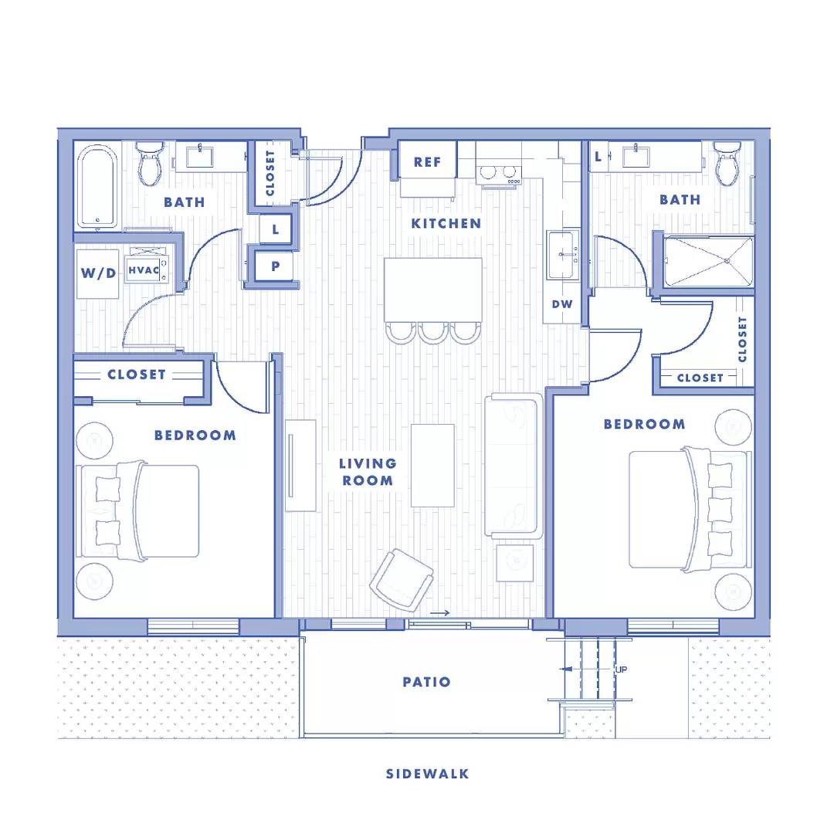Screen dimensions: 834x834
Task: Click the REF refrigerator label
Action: pyautogui.click(x=427, y=161)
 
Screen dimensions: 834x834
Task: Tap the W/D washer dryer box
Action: pyautogui.click(x=97, y=273)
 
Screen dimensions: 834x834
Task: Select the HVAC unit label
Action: pyautogui.click(x=144, y=270)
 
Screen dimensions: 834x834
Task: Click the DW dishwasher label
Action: pyautogui.click(x=562, y=303)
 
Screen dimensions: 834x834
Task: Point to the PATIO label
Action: pyautogui.click(x=426, y=682)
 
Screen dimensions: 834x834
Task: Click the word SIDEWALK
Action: pyautogui.click(x=427, y=773)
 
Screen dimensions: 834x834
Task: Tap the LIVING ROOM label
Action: pyautogui.click(x=368, y=471)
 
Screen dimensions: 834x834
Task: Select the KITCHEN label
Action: pyautogui.click(x=446, y=223)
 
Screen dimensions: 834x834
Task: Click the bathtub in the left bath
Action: pyautogui.click(x=97, y=186)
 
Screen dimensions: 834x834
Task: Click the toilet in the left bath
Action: pyautogui.click(x=149, y=164)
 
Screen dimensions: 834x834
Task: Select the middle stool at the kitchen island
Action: pyautogui.click(x=432, y=331)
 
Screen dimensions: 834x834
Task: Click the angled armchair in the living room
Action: pyautogui.click(x=402, y=579)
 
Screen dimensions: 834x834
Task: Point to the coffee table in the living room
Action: pyautogui.click(x=432, y=465)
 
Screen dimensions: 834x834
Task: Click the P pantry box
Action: pyautogui.click(x=276, y=266)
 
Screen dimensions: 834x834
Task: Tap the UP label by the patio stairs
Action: pyautogui.click(x=621, y=670)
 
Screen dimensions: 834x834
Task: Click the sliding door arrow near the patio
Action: pyautogui.click(x=439, y=613)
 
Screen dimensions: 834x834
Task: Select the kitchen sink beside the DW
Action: pyautogui.click(x=562, y=256)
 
